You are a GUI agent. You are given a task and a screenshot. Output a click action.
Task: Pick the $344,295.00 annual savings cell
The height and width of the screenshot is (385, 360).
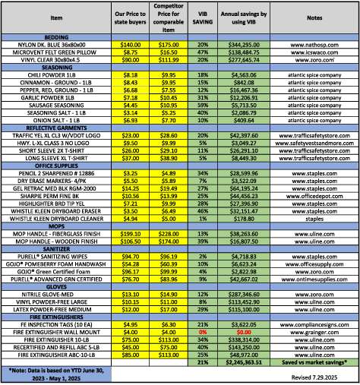(x=245, y=46)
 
